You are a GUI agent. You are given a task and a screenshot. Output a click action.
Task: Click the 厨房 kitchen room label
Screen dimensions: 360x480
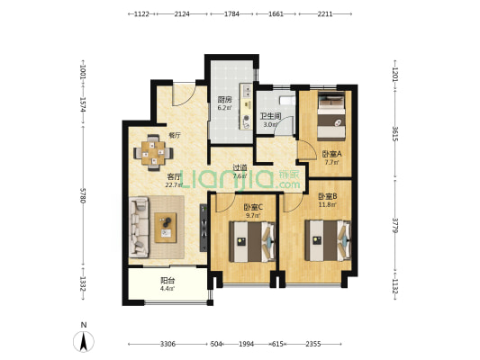point(225,100)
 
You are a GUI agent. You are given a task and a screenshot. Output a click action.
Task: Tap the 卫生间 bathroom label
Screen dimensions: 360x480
point(269,115)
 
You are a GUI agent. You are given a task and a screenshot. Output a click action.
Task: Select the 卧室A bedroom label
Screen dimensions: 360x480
point(331,155)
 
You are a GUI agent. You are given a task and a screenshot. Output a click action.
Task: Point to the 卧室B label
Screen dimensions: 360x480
point(327,196)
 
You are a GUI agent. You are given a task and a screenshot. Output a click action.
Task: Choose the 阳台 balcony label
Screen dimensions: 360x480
point(167,280)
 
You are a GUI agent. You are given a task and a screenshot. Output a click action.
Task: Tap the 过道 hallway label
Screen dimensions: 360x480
point(240,168)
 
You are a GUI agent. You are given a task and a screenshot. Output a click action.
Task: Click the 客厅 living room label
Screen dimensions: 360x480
point(174,177)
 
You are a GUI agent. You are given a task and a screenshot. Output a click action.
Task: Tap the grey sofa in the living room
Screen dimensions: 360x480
point(140,225)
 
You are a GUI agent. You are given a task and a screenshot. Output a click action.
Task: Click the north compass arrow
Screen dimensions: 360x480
point(84,340)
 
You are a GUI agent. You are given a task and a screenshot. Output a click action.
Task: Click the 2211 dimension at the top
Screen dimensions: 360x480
point(325,14)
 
